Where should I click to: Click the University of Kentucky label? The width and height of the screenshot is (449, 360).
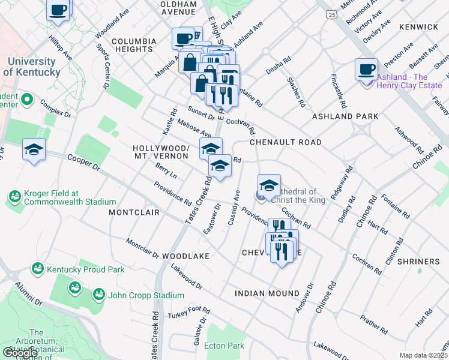[x=31, y=67]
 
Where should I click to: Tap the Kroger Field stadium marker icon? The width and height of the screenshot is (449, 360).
[x=14, y=196]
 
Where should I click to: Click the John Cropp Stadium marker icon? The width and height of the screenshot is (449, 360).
[x=98, y=295]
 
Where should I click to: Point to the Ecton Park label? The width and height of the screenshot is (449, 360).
[x=224, y=346]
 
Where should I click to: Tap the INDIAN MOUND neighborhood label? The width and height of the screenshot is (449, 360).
[x=267, y=293]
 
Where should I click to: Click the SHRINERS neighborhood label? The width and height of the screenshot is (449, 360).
[x=418, y=262]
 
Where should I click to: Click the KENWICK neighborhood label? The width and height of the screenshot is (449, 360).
[x=418, y=27]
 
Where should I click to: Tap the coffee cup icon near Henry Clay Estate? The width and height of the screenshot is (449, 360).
[x=366, y=69]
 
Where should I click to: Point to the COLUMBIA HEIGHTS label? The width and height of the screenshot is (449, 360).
[x=133, y=41]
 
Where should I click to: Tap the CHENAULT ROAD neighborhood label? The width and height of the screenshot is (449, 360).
[x=285, y=142]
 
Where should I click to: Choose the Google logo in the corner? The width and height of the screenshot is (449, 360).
[x=20, y=352]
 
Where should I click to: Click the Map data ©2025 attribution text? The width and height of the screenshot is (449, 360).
[x=423, y=355]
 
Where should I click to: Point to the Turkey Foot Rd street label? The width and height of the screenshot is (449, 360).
[x=189, y=313]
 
